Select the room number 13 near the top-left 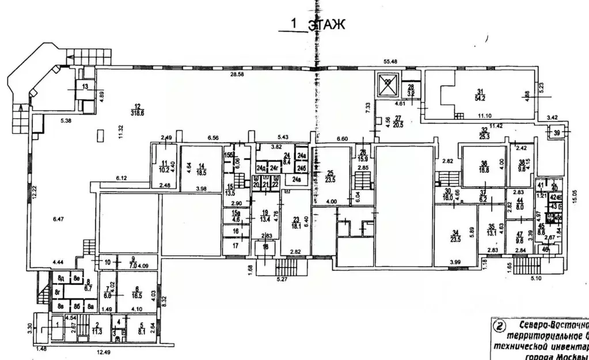tap(85, 86)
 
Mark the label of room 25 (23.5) tap(329, 176)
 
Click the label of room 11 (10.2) tap(164, 166)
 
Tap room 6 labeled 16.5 tap(137, 291)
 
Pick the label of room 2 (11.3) tap(98, 328)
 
